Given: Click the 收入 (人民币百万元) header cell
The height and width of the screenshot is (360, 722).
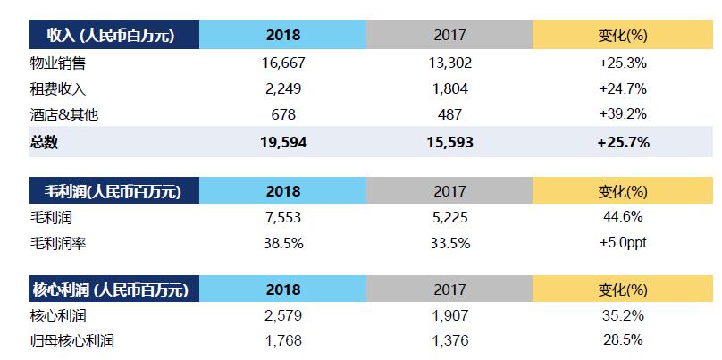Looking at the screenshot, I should coord(113,36).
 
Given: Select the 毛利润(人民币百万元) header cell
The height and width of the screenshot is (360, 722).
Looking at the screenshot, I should coord(113,191).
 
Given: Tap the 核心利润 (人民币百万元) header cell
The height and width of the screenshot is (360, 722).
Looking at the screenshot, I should coord(113,289).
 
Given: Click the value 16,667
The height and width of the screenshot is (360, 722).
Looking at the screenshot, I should coord(282,63).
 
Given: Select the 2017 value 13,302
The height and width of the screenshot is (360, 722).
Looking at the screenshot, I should coord(449,63).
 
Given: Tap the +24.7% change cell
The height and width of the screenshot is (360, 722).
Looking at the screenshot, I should coord(623,88).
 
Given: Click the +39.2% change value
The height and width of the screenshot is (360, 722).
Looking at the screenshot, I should coord(623,114).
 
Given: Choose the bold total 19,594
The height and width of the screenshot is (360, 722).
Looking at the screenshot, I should coord(282,141).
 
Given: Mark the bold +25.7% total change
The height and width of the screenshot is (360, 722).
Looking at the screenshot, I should coord(623,141).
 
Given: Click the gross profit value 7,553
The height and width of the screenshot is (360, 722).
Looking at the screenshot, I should coord(282,217).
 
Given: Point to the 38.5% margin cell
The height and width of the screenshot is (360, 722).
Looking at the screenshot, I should coord(282,243).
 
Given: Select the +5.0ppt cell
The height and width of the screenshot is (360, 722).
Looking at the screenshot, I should coord(623,243).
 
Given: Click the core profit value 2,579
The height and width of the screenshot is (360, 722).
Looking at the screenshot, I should coord(282,315).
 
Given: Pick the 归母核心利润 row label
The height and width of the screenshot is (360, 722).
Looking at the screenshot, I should coord(71,340).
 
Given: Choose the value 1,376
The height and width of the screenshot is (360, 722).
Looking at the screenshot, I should coord(449,340).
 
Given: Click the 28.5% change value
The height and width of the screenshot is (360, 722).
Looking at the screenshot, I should coord(623,340).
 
